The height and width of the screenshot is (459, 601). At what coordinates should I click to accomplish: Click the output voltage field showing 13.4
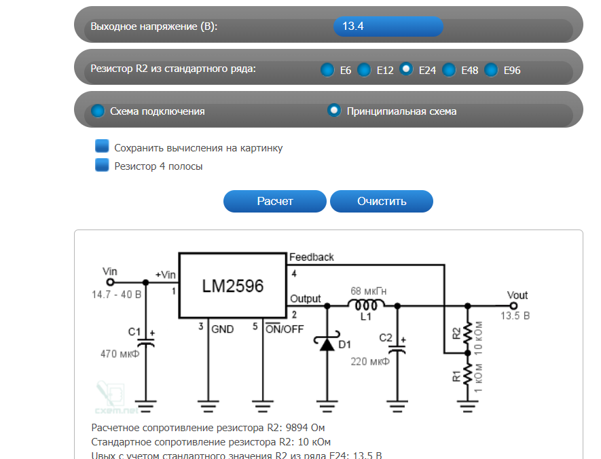tap(388, 26)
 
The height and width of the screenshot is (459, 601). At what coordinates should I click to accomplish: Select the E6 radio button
tap(327, 69)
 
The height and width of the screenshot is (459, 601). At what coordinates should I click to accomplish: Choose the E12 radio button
tap(364, 69)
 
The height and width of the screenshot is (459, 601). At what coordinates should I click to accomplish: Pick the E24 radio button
tap(406, 69)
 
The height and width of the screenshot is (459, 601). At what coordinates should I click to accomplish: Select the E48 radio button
tap(449, 69)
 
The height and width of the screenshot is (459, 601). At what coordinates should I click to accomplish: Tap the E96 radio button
tap(491, 69)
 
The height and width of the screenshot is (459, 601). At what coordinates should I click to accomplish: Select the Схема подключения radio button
tap(98, 111)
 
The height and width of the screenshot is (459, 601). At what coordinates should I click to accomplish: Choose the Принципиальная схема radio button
tap(333, 111)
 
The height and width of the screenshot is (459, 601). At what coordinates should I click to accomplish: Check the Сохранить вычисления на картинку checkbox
tap(103, 147)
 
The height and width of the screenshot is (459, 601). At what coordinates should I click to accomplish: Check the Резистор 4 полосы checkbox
tap(103, 165)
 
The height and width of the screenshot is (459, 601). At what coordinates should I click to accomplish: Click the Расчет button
tap(275, 201)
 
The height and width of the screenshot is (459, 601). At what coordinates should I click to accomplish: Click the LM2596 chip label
tap(232, 287)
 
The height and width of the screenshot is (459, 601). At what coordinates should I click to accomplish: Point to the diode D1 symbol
tap(327, 344)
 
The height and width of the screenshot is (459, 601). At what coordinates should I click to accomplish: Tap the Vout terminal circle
tap(513, 306)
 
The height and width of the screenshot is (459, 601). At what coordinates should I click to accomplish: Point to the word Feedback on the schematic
tap(312, 257)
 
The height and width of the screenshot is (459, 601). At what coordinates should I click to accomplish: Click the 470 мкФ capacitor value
tap(120, 353)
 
